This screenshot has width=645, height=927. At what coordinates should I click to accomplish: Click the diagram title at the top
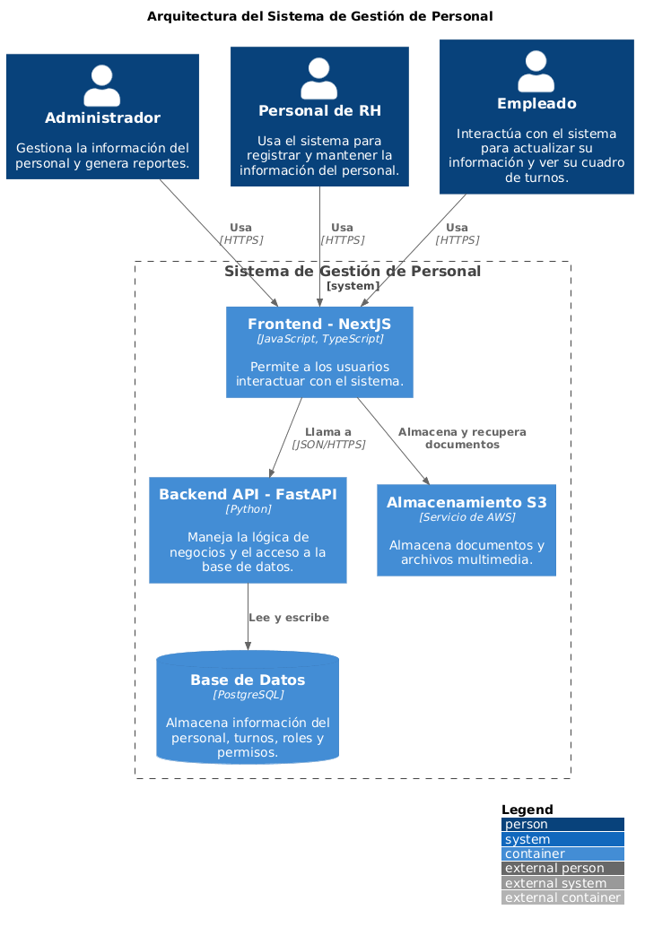319,16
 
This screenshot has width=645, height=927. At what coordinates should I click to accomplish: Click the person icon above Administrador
101,85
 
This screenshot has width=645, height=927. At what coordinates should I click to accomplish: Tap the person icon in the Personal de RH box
318,78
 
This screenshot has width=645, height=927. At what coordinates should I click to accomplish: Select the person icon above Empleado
536,71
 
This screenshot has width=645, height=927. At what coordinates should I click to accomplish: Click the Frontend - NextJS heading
319,324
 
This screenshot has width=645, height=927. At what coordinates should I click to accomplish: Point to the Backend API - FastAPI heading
248,494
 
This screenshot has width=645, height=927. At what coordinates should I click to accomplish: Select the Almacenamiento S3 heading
466,503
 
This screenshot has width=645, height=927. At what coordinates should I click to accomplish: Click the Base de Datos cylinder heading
248,680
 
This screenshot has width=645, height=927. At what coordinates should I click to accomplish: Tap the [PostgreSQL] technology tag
248,695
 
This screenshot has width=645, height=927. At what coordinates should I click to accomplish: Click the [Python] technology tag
248,509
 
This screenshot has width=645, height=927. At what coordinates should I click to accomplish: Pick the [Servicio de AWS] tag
466,517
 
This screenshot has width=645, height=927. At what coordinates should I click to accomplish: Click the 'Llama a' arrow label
328,432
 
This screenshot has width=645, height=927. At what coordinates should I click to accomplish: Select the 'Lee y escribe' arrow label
288,618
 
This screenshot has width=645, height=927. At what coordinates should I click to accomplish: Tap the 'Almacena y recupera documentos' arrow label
462,438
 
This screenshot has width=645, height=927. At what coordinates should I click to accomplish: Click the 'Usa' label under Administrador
240,228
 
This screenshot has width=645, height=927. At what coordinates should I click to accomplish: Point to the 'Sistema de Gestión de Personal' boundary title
353,272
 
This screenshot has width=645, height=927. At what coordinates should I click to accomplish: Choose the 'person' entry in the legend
562,825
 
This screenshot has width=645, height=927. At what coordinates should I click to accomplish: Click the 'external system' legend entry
562,883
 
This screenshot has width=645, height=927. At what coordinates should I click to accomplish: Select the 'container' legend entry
562,853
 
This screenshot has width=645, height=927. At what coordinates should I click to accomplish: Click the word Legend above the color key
527,810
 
